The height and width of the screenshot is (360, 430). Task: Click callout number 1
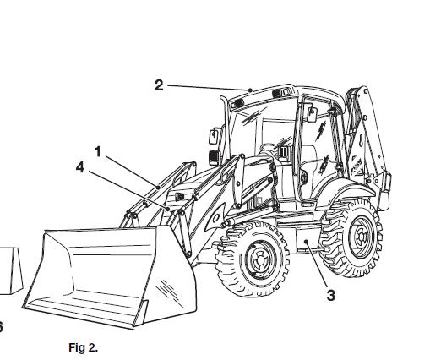[97, 152]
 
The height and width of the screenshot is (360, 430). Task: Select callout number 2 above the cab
[159, 85]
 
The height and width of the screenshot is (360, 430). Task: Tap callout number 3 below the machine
[331, 295]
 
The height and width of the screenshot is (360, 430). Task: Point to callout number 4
[80, 167]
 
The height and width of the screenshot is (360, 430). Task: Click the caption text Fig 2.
[83, 347]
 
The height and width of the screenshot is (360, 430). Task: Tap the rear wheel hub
[360, 236]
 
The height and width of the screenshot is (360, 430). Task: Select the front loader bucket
[110, 277]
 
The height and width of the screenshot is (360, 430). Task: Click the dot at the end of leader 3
[306, 241]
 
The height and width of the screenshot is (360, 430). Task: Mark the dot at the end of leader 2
[250, 90]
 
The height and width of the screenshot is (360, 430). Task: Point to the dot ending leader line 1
[158, 187]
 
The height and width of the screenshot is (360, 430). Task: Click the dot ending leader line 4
[168, 209]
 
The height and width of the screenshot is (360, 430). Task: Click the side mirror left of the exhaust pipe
[213, 136]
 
